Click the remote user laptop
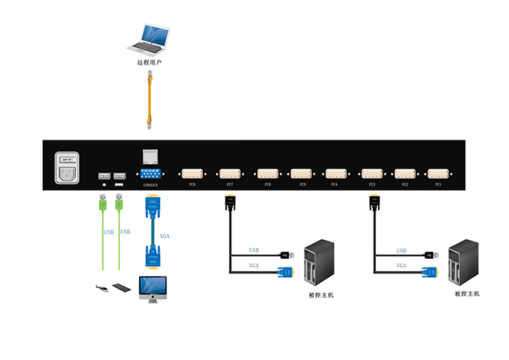[151, 39]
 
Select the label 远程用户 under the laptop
[149, 63]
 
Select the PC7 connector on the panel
[231, 174]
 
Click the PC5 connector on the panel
[302, 174]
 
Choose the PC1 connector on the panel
[438, 174]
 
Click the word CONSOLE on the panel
[151, 186]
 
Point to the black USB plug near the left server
[286, 255]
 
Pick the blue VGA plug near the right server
[430, 272]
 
